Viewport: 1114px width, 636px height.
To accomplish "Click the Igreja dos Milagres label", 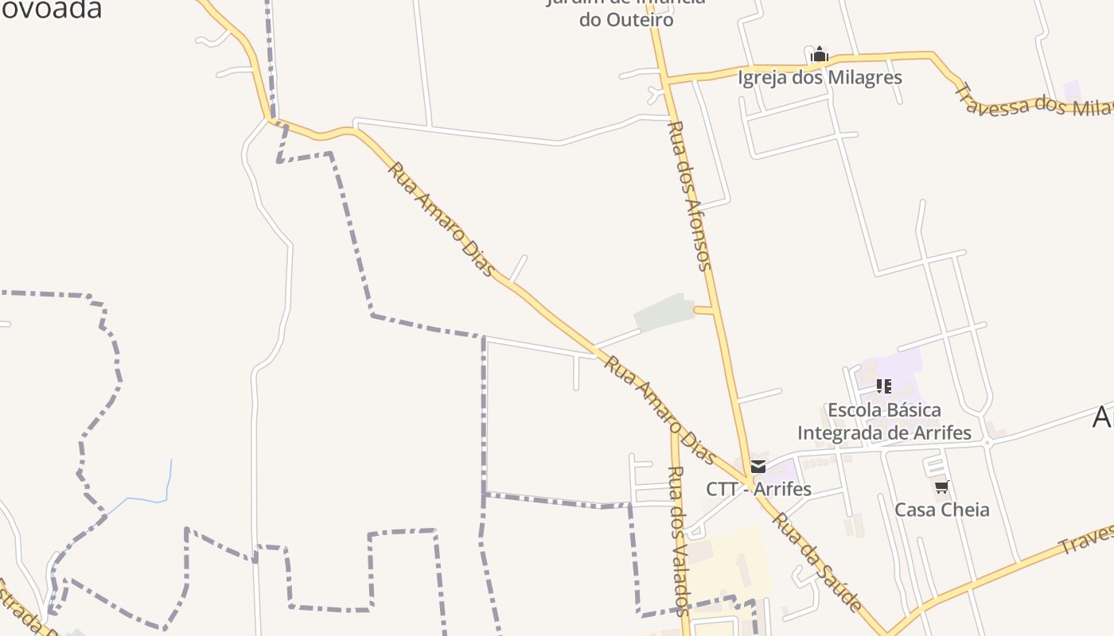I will click(820, 77).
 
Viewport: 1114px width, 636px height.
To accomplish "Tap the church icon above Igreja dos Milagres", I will click(820, 55).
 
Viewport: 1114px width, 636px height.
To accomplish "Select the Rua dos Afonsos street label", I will click(690, 196).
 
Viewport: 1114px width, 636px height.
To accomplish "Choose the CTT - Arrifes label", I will click(758, 488).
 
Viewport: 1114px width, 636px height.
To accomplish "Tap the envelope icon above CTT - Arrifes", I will click(758, 467).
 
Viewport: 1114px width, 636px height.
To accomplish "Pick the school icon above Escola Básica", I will click(883, 386).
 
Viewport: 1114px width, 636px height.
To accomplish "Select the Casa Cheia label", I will click(942, 510).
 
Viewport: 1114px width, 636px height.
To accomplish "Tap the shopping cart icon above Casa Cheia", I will click(942, 487).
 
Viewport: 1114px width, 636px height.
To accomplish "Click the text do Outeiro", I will click(626, 19).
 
